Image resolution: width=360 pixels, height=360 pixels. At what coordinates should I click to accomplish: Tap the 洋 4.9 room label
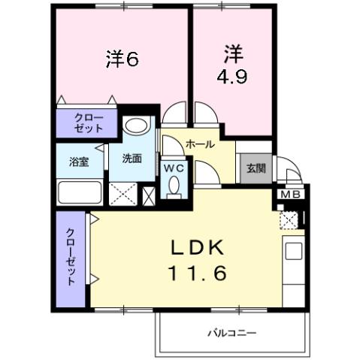point(231,65)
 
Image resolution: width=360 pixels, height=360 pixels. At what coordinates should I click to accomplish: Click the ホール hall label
point(200,144)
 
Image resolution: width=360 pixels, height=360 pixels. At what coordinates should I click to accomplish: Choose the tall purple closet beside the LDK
point(71,258)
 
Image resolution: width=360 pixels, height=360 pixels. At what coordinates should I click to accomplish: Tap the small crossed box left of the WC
point(150,195)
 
